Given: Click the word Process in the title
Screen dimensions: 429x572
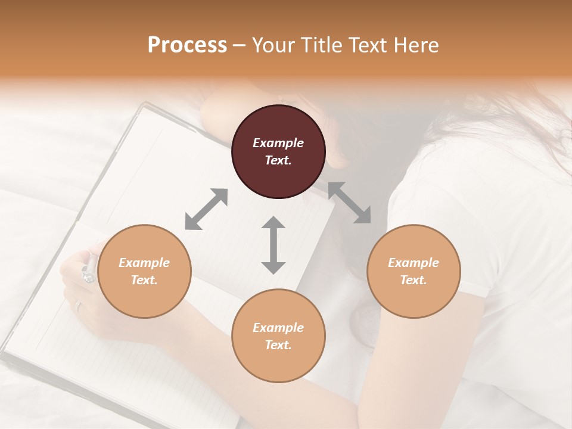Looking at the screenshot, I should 187,45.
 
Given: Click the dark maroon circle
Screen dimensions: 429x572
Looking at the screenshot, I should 278,151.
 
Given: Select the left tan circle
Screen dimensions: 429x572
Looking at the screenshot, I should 144,271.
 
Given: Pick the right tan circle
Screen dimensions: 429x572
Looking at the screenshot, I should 414,271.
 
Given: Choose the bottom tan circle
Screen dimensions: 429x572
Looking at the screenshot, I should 278,336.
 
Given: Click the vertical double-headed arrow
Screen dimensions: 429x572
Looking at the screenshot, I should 273,245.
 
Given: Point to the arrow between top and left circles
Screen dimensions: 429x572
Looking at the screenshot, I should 206,209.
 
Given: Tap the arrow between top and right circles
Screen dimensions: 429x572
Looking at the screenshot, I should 350,203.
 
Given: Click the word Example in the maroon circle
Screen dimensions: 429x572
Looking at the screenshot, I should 278,143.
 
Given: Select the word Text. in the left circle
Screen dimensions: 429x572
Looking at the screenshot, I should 144,280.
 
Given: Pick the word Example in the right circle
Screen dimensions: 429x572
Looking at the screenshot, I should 414,263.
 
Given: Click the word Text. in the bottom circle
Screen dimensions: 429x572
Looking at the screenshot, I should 278,345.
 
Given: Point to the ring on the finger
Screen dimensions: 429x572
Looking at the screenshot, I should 78,306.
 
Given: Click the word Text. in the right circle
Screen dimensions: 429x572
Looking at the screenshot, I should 414,280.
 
